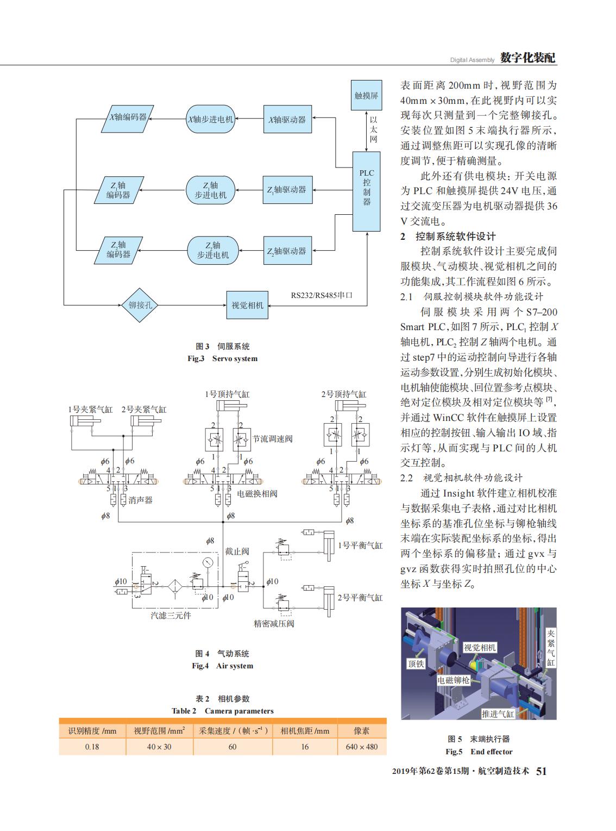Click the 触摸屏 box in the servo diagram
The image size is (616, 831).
pyautogui.click(x=366, y=95)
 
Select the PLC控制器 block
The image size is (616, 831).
pyautogui.click(x=366, y=191)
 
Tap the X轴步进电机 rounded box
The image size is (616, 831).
pyautogui.click(x=210, y=119)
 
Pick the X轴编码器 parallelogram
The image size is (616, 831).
pyautogui.click(x=127, y=119)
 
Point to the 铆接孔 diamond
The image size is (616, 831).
pyautogui.click(x=140, y=305)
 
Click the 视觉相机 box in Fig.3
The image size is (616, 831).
pyautogui.click(x=247, y=305)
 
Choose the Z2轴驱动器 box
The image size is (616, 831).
pyautogui.click(x=287, y=250)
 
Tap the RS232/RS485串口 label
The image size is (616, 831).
pyautogui.click(x=322, y=295)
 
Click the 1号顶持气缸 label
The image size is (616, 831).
pyautogui.click(x=227, y=394)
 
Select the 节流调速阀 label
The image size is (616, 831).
pyautogui.click(x=273, y=439)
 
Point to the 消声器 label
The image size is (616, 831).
pyautogui.click(x=141, y=500)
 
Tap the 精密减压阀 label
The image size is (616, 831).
pyautogui.click(x=274, y=623)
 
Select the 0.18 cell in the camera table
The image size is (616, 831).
pyautogui.click(x=92, y=746)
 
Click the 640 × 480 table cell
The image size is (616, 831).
pyautogui.click(x=362, y=746)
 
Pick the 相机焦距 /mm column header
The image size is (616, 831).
pyautogui.click(x=305, y=730)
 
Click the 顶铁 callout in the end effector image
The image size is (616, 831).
pyautogui.click(x=416, y=663)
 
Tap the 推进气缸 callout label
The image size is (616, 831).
pyautogui.click(x=498, y=714)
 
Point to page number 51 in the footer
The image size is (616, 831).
pyautogui.click(x=542, y=771)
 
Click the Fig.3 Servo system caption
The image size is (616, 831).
pyautogui.click(x=223, y=358)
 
